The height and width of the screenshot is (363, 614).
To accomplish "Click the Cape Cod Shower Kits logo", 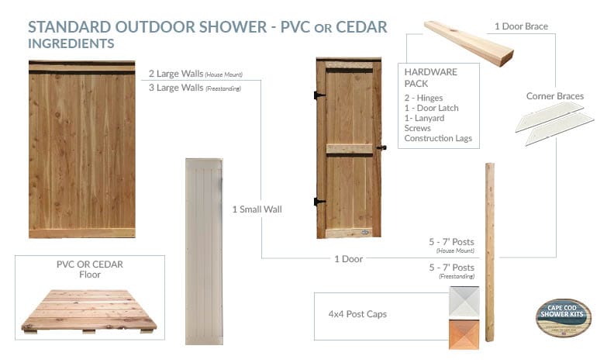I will click(x=564, y=316).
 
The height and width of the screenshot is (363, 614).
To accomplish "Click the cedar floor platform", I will click(x=88, y=310).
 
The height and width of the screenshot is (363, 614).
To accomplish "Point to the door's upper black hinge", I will click(x=319, y=95).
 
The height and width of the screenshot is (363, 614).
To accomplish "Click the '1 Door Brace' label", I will click(x=521, y=26).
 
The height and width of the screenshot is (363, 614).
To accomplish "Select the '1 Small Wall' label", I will click(x=257, y=209).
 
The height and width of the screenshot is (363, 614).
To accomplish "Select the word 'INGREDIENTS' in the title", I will click(x=71, y=43).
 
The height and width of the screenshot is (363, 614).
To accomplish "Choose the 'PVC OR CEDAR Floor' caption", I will click(x=90, y=269).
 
